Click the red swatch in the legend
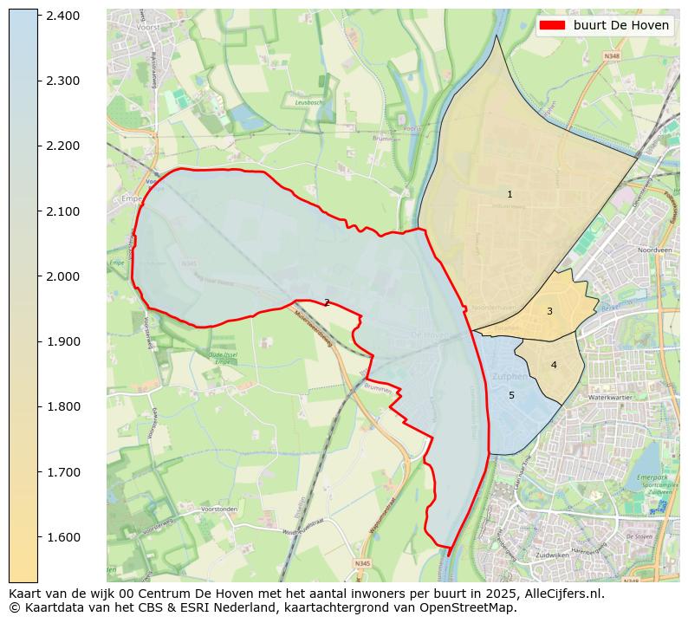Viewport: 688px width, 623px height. tap(551, 25)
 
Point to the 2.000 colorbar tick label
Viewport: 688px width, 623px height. tap(62, 276)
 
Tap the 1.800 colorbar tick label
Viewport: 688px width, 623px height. tap(62, 406)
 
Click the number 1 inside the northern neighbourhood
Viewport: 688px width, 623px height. tap(510, 194)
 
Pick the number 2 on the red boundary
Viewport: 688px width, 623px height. tap(327, 302)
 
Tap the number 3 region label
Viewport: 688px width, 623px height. tap(549, 311)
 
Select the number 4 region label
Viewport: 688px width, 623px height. tap(554, 365)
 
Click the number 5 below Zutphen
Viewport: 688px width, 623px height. tap(511, 395)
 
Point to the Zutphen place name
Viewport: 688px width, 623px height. tap(509, 377)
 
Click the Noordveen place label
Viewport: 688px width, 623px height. tap(654, 250)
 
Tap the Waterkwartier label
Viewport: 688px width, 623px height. tap(611, 397)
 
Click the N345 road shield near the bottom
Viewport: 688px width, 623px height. tap(362, 563)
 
